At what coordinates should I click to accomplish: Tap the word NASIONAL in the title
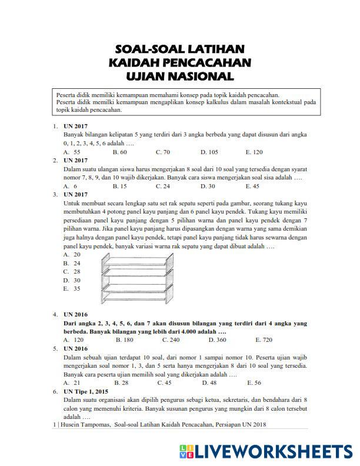tap(204, 76)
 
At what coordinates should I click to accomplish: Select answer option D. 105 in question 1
tap(209, 152)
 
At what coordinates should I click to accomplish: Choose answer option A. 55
tap(72, 152)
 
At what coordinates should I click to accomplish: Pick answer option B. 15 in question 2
tap(119, 186)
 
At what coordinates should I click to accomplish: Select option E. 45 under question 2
tap(252, 186)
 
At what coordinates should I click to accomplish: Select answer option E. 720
tap(264, 339)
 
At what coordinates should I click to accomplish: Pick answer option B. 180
tap(124, 339)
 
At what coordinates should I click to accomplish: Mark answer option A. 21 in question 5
tap(72, 382)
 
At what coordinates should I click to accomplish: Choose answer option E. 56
tap(254, 382)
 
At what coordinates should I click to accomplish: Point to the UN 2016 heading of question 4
tap(76, 315)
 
